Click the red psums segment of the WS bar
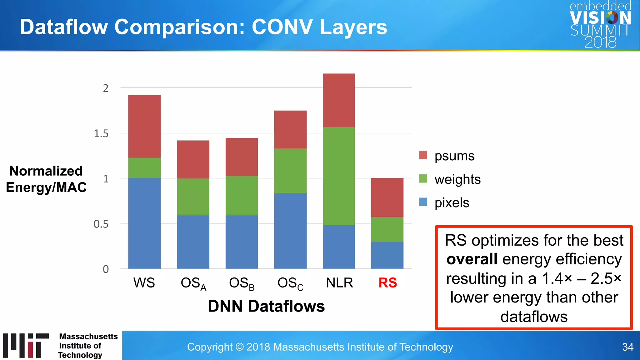(x=144, y=126)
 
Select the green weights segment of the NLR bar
(x=339, y=176)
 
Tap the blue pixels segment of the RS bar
(x=387, y=255)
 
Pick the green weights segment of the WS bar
(x=144, y=168)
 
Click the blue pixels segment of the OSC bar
(x=290, y=231)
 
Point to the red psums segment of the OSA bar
(x=193, y=159)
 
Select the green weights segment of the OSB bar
(x=242, y=195)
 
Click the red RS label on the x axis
(x=387, y=283)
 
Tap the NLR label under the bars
(x=339, y=283)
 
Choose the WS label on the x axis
(x=144, y=283)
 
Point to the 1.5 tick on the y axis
(x=101, y=134)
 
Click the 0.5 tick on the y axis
(x=101, y=224)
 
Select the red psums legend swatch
(x=423, y=155)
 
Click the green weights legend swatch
(x=423, y=179)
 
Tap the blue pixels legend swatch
(x=423, y=202)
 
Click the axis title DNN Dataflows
(x=266, y=306)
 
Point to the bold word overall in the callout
(x=472, y=259)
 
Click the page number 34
(x=627, y=347)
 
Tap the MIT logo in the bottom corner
(x=26, y=345)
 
